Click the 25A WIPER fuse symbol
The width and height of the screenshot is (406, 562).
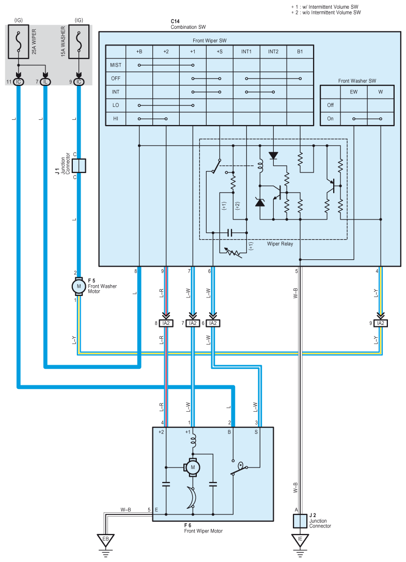pos(18,41)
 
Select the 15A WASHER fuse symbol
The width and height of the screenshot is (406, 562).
pos(79,41)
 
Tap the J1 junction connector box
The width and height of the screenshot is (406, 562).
pos(79,166)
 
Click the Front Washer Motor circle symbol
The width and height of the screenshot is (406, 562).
pos(79,286)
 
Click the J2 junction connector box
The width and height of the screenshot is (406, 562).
pos(300,521)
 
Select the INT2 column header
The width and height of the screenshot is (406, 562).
pos(273,52)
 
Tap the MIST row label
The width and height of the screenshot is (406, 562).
pos(116,65)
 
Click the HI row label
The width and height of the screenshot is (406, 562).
pos(115,119)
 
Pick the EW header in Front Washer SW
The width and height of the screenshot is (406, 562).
pos(354,92)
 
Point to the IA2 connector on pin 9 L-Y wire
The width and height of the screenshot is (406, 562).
pos(381,323)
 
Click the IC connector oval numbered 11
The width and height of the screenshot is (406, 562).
pos(18,82)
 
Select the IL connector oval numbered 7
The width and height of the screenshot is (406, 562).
pos(45,82)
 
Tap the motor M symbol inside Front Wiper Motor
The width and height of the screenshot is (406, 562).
pos(193,467)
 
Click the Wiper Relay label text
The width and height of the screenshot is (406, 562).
pos(280,244)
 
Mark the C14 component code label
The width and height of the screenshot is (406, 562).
pos(175,22)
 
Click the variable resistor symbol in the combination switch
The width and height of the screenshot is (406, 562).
pos(232,252)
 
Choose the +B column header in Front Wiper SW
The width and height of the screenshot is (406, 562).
pos(139,52)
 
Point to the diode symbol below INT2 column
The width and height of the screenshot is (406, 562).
pos(273,155)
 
